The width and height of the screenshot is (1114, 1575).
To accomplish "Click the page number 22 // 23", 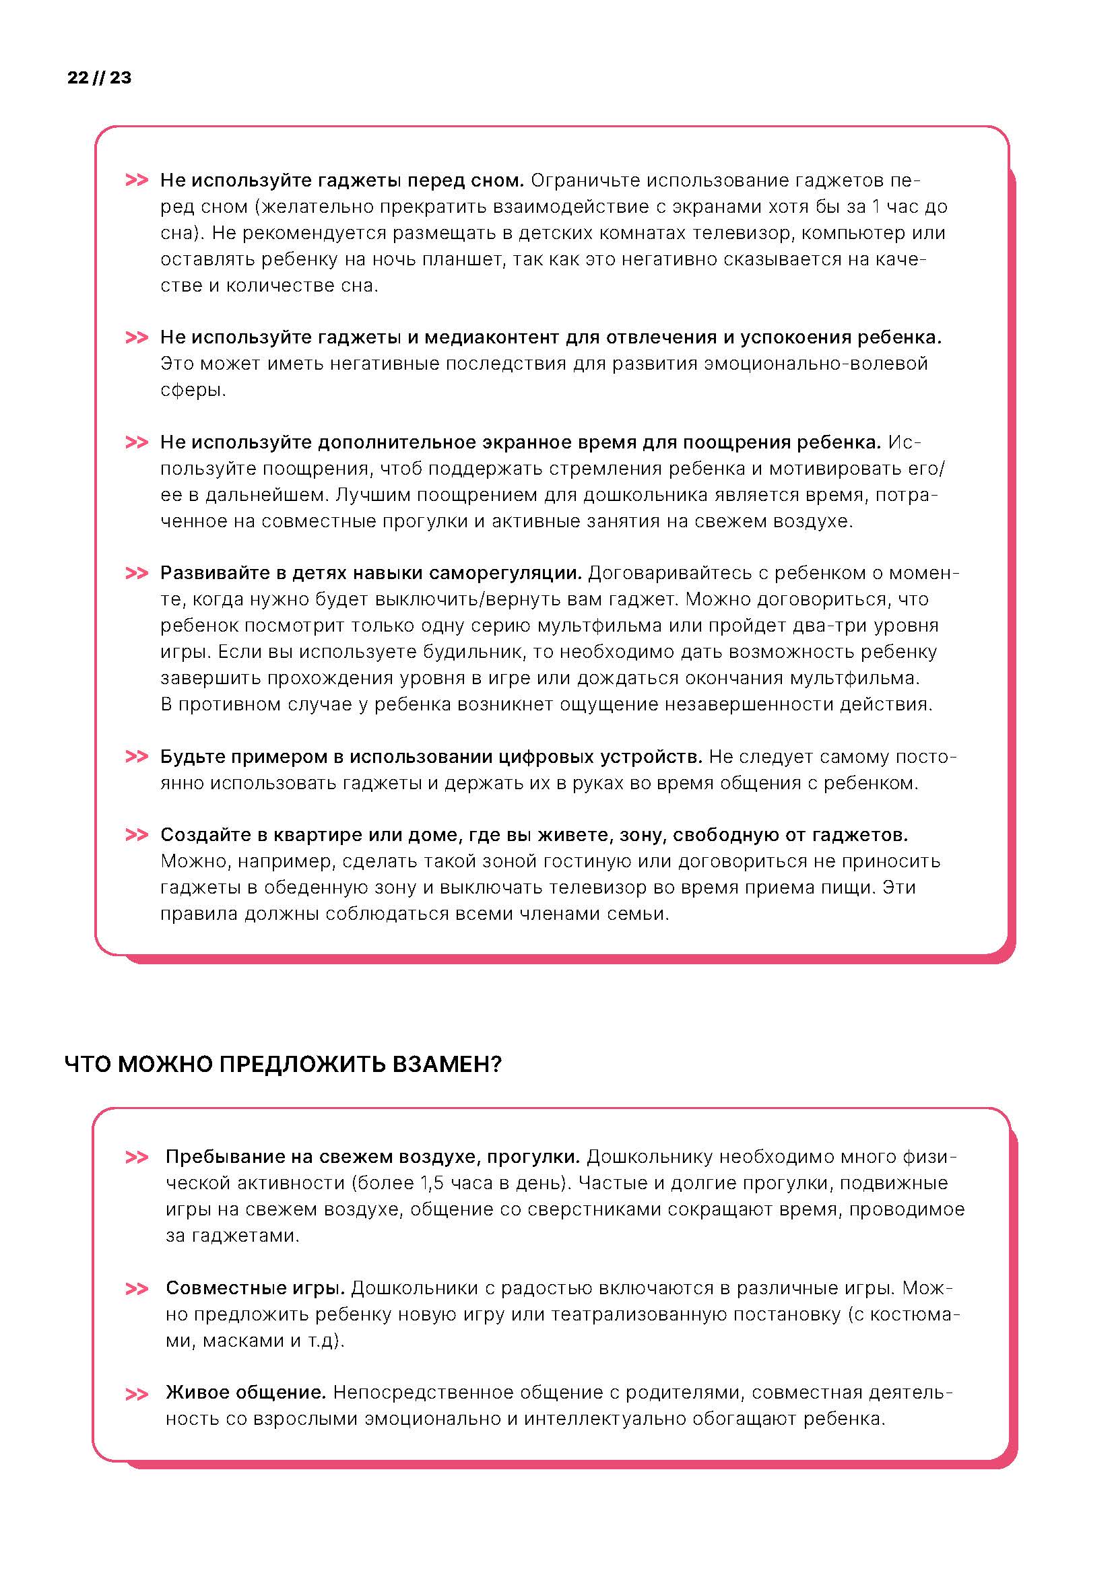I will click(x=100, y=77).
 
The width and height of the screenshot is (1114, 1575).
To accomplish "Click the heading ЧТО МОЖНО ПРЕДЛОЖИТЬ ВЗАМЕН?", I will click(x=283, y=1064).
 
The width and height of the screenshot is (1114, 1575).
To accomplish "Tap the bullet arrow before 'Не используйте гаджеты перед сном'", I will click(x=137, y=180).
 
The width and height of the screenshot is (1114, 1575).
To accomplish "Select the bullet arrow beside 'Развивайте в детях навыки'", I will click(x=137, y=573).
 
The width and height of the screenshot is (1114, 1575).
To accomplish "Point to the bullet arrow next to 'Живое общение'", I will click(x=137, y=1395).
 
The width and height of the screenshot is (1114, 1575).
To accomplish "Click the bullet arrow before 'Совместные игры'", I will click(x=137, y=1289).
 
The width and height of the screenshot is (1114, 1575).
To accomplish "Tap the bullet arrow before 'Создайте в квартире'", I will click(x=137, y=835).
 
